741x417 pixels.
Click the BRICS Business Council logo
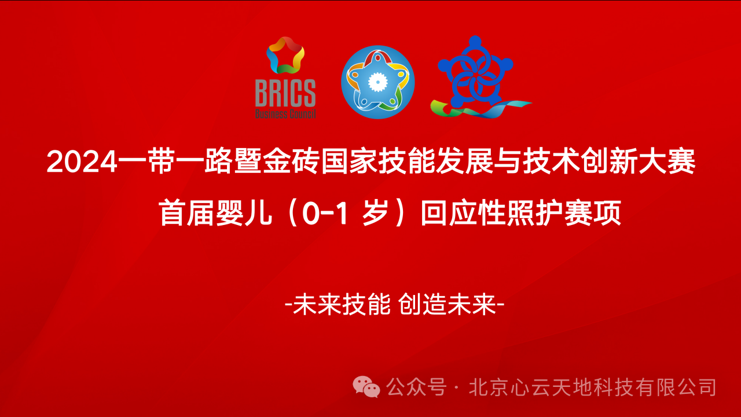(285, 78)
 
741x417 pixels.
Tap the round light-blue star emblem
(378, 82)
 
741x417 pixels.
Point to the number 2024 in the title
(82, 162)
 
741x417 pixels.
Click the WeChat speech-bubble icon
(366, 386)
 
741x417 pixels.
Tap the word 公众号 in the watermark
(416, 386)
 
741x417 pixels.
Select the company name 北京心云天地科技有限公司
(594, 386)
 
